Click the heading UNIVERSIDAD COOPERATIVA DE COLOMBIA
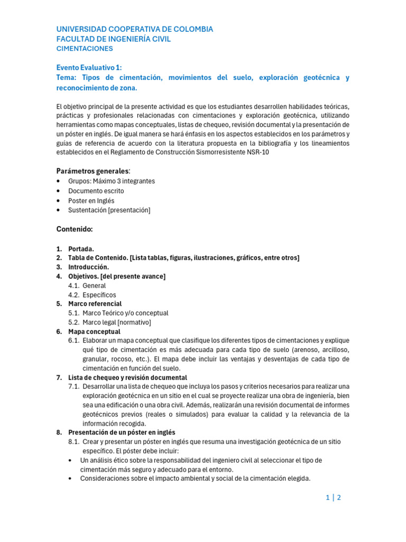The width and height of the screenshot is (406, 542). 135,29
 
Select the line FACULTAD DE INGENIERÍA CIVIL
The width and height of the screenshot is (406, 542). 114,39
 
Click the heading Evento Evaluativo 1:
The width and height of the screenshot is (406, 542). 89,67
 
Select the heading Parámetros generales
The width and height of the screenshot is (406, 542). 93,171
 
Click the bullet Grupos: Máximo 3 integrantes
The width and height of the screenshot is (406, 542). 112,181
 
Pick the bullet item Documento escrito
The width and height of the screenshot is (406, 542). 96,191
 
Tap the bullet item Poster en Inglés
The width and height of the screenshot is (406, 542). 91,201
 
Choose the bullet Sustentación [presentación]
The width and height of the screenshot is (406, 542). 109,210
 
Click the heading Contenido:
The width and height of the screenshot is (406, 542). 75,229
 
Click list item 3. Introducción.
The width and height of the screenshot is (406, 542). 88,267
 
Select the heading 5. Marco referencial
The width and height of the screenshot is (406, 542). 95,304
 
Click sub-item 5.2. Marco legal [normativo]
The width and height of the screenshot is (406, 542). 117,322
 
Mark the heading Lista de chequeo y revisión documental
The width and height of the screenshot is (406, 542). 127,377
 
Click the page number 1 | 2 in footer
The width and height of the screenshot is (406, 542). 333,498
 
